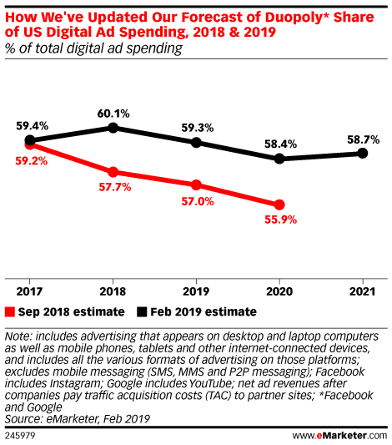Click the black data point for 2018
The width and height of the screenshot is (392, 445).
tap(113, 128)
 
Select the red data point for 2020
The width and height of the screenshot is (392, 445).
tap(279, 205)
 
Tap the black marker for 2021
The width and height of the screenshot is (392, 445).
tap(363, 154)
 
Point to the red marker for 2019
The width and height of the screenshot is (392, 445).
tap(196, 185)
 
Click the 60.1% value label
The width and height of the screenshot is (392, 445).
tap(113, 114)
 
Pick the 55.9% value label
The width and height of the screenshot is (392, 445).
tap(280, 220)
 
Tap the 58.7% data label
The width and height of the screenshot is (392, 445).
tap(364, 139)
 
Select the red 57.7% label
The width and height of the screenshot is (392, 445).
tap(115, 187)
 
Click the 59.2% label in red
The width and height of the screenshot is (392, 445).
tap(31, 161)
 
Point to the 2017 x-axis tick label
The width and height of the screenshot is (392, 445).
tap(29, 291)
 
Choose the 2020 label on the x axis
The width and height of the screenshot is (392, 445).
tap(279, 291)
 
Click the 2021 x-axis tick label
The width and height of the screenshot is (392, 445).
tap(362, 291)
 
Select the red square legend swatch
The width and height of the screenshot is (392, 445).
tap(10, 311)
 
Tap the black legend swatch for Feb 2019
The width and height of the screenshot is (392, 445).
tap(142, 311)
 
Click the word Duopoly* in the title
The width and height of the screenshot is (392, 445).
tap(297, 18)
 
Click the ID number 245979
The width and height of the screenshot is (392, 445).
tap(20, 436)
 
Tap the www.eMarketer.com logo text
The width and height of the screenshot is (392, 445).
tap(339, 435)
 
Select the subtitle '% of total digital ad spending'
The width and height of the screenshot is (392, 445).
tap(93, 48)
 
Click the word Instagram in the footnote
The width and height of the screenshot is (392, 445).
tap(75, 383)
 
